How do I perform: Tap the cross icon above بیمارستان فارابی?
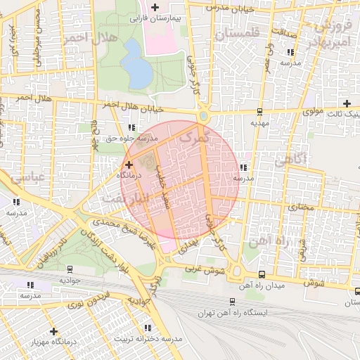(x=155, y=6)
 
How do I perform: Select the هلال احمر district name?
(x=84, y=36)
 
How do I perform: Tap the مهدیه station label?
(x=259, y=122)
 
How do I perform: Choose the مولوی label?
(x=312, y=112)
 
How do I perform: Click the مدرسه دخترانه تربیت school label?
(x=153, y=339)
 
